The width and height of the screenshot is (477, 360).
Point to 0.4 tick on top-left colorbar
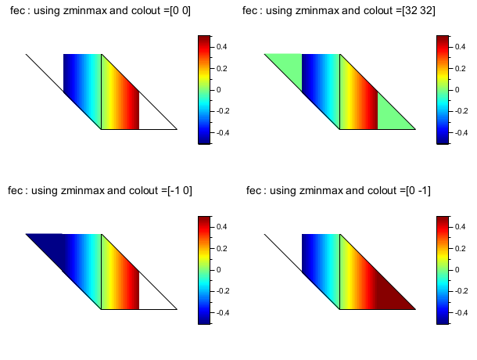tap(221, 46)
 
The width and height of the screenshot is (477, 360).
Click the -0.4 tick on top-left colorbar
tap(221, 133)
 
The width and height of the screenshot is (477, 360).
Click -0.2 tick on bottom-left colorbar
tap(221, 291)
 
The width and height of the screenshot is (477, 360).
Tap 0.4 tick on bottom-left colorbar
tap(221, 226)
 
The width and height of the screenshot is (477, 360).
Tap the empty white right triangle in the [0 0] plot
tap(152, 117)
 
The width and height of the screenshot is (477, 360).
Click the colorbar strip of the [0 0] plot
tap(204, 90)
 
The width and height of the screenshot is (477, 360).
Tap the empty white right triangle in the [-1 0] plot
tap(152, 297)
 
